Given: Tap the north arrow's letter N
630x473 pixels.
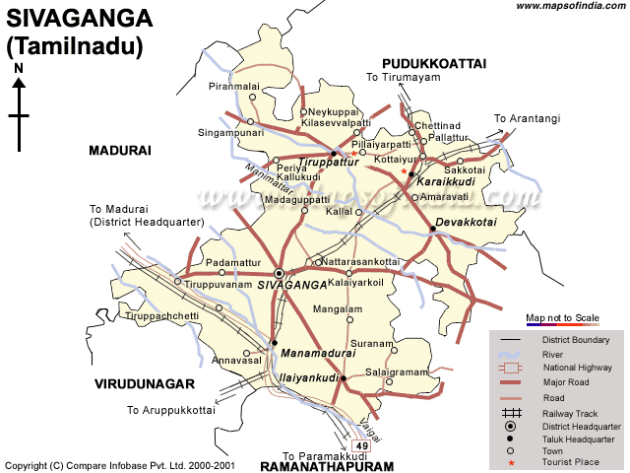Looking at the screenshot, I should [x=19, y=68].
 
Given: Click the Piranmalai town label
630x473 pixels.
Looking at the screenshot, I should [x=234, y=87].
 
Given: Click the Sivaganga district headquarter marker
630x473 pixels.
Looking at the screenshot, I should [x=280, y=272].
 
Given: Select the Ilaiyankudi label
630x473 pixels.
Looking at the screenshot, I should [x=309, y=377].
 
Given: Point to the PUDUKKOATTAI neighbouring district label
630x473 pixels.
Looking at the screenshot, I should [x=434, y=63].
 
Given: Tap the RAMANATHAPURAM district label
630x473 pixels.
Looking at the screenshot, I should [x=326, y=465].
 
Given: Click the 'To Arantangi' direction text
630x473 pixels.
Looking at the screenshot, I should [x=527, y=119].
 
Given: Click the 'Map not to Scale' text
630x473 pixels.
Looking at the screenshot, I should [x=562, y=317].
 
